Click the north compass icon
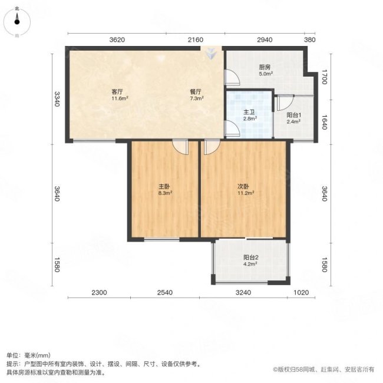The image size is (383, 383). [17, 22]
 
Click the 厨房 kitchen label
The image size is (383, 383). [265, 67]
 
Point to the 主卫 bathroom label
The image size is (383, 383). [249, 112]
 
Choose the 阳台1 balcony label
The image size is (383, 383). [294, 115]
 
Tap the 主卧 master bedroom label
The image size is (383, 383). [164, 186]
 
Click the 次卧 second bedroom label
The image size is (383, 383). [244, 186]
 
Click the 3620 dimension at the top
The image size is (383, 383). [117, 40]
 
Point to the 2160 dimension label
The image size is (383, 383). [196, 40]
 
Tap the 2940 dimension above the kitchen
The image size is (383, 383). [265, 40]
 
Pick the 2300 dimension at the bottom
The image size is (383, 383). [98, 292]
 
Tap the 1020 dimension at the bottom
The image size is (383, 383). [301, 292]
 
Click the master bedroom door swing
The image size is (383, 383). [180, 147]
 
